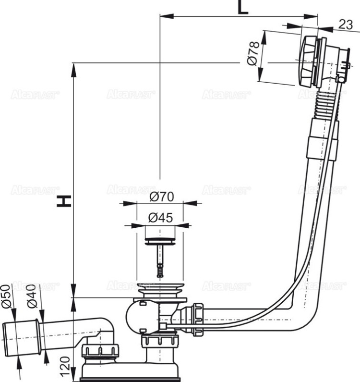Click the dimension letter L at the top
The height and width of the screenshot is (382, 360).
(243, 7)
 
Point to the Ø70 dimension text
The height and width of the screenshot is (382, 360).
(161, 197)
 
